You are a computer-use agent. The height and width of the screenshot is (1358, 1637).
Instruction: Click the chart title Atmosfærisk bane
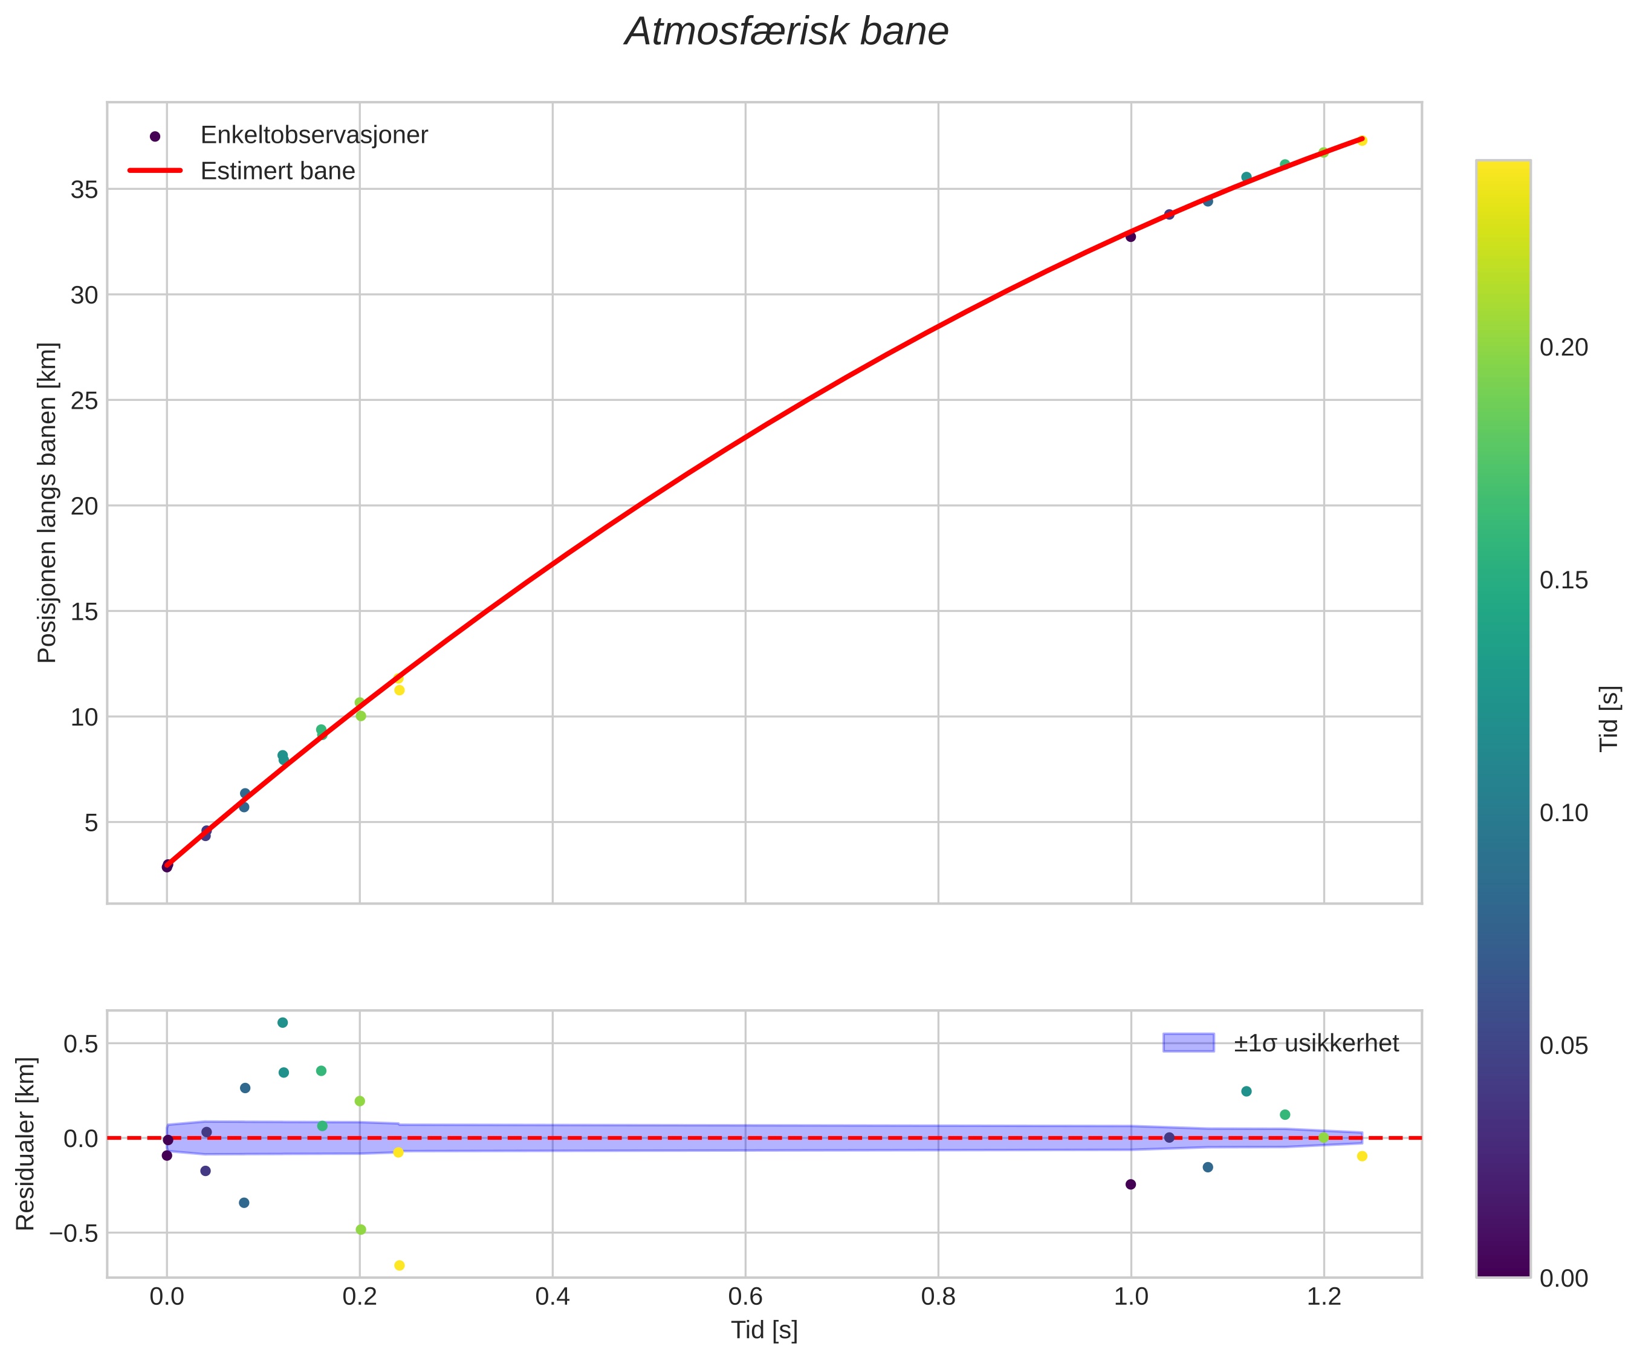(786, 33)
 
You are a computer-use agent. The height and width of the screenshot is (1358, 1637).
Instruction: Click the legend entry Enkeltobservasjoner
(313, 135)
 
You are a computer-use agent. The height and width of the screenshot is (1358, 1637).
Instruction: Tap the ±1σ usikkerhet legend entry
(1316, 1043)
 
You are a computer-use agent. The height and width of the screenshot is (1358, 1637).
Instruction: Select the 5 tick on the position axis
(91, 822)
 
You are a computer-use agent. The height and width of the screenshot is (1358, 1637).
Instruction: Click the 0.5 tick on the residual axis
(80, 1044)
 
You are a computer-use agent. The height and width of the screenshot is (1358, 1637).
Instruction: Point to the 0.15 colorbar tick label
(1564, 581)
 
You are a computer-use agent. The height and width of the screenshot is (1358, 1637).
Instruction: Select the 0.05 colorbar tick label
(1564, 1046)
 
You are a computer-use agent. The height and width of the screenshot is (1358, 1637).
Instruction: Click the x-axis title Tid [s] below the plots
(764, 1331)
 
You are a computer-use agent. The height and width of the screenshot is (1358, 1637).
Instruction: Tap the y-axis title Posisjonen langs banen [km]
(48, 503)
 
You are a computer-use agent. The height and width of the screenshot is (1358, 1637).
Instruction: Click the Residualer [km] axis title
(26, 1145)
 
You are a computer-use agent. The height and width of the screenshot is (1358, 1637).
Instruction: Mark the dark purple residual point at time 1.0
(1131, 1184)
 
